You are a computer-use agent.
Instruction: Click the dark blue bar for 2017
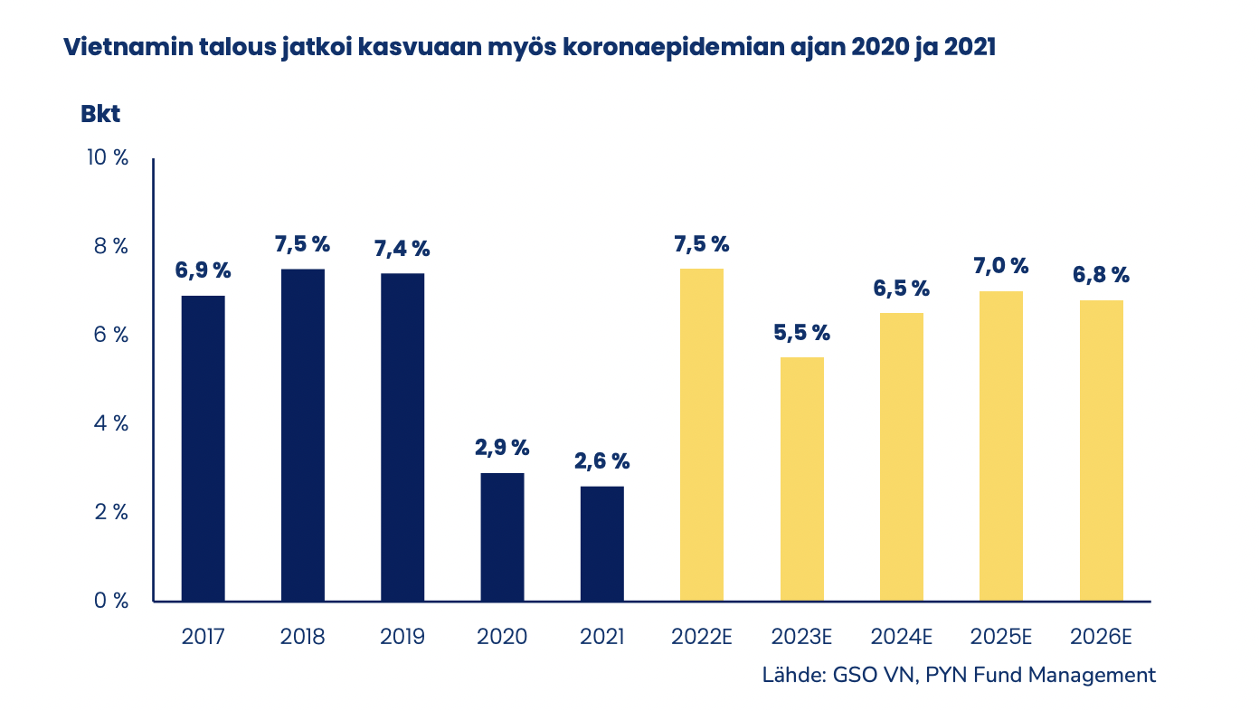coord(204,448)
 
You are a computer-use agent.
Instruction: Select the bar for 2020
coord(502,536)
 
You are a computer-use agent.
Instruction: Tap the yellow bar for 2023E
coord(802,479)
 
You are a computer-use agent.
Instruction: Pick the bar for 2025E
coord(1001,446)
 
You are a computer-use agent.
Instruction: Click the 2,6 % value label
coord(601,461)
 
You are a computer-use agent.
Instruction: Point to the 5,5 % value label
coord(802,332)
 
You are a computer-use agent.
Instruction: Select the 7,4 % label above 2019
coord(402,248)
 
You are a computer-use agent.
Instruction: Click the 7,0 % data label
coord(1001,266)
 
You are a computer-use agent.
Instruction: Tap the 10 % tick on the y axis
coord(108,157)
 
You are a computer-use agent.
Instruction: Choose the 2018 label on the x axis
coord(303,636)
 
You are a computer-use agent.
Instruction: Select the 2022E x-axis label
coord(702,636)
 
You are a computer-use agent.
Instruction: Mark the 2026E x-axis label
coord(1101,636)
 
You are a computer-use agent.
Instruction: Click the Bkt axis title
coord(100,115)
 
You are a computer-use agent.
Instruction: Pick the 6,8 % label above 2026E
coord(1101,275)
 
